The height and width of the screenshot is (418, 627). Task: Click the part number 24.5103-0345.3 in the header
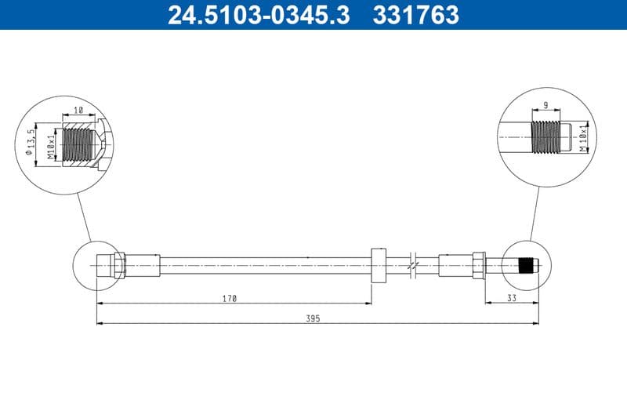tap(259, 14)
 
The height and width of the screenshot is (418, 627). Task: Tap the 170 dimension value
tap(229, 298)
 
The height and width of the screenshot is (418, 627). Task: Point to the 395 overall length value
tap(313, 318)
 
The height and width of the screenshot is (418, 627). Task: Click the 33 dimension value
tap(511, 298)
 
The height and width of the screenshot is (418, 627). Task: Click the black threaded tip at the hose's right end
tap(528, 266)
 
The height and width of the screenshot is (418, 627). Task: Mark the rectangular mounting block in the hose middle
tap(378, 266)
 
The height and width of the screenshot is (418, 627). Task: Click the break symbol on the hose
tap(413, 266)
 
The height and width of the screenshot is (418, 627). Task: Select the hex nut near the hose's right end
tap(478, 266)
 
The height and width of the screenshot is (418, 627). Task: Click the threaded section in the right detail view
tap(547, 137)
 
